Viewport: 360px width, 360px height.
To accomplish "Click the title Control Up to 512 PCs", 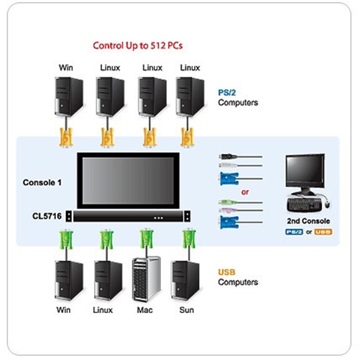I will pos(137,45).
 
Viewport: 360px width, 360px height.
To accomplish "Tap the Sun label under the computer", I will pos(186,310).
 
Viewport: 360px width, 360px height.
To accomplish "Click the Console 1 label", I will pos(42,183).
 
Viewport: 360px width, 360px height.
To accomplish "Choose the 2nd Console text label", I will pos(308,221).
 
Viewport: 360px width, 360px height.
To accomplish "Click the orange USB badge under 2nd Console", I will pos(324,232).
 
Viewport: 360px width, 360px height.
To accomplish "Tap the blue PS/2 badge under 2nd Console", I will pos(294,232).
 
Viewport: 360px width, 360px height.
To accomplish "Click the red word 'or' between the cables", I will pos(245,192).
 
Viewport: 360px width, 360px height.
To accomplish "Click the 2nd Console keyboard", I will pos(303,204).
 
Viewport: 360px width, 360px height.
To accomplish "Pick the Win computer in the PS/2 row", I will pos(68,96).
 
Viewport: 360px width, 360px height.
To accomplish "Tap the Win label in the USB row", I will pos(64,310).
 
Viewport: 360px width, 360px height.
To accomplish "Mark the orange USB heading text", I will pos(226,272).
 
